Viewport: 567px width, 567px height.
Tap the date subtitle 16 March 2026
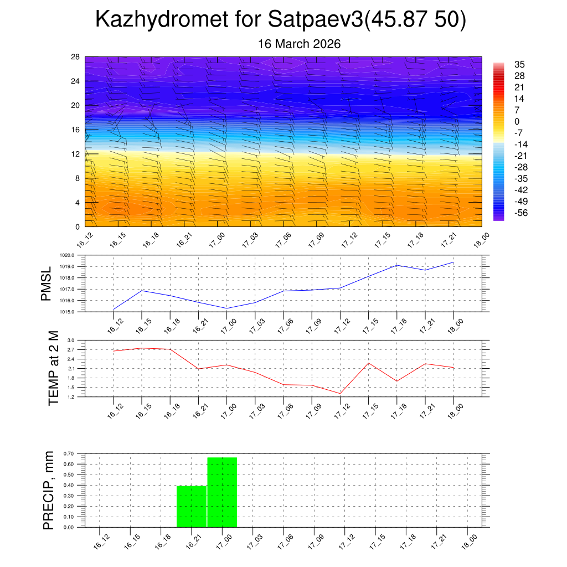[300, 44]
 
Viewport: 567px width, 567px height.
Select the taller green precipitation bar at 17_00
[222, 492]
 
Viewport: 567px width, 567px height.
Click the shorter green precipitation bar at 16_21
[192, 506]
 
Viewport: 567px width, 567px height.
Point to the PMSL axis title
[47, 283]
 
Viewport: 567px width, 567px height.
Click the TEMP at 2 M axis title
[53, 368]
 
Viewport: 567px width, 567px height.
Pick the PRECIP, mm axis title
[49, 490]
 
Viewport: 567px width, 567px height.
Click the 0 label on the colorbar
[517, 122]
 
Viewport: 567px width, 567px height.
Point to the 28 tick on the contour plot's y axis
[76, 57]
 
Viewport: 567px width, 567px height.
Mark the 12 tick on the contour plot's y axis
[76, 154]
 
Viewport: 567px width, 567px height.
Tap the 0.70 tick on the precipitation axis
[69, 453]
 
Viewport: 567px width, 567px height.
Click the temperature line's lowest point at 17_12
[340, 394]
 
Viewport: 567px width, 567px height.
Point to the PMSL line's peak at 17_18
[397, 265]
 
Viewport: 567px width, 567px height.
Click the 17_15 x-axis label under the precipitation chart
[378, 541]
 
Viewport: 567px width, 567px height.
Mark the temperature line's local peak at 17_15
[369, 363]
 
